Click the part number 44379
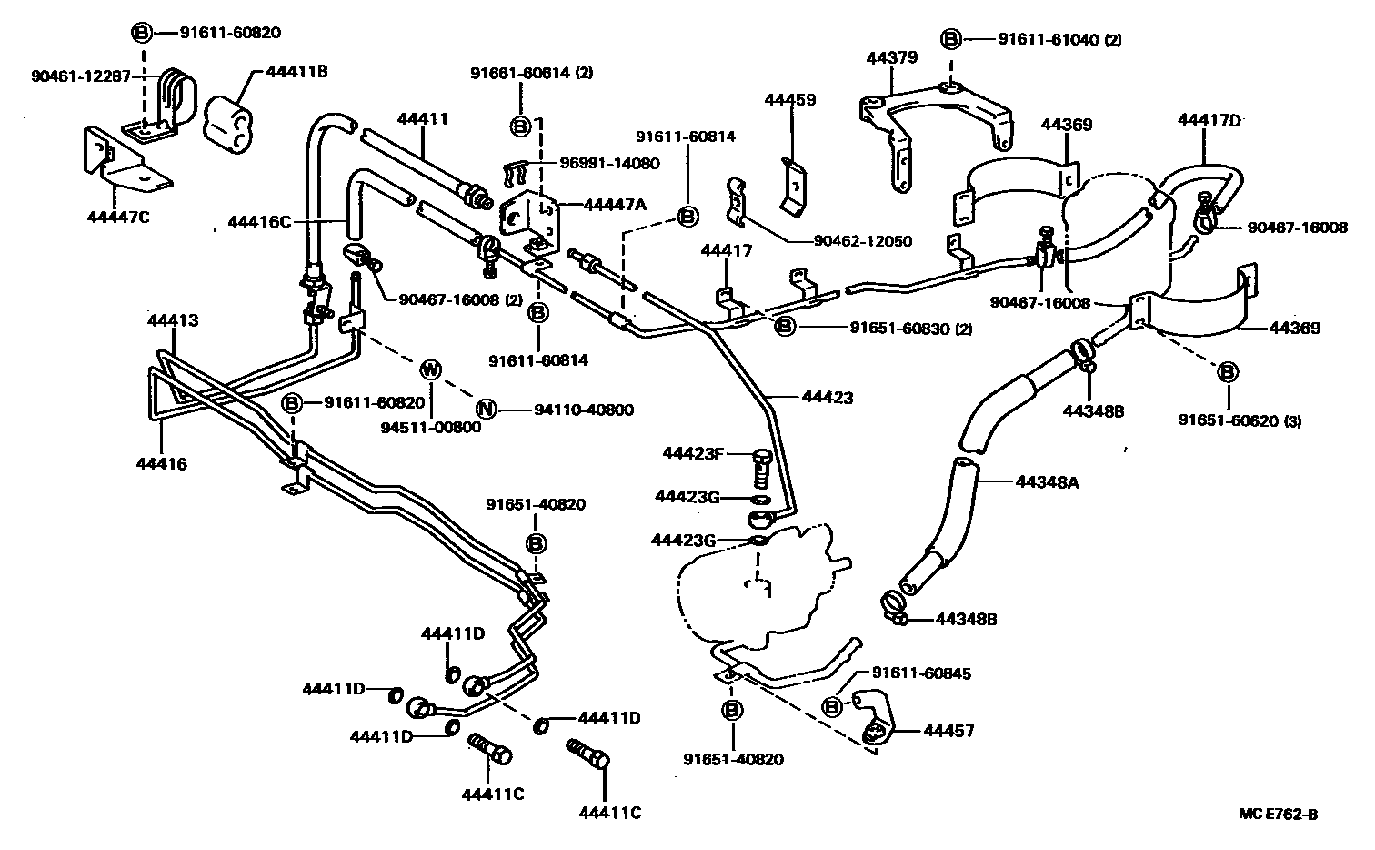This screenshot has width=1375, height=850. (891, 56)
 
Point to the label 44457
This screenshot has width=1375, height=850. (949, 731)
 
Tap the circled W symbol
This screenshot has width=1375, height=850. (431, 369)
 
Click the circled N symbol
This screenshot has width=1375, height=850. (487, 409)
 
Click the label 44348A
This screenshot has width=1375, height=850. (1047, 481)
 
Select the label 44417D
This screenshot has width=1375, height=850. (1209, 119)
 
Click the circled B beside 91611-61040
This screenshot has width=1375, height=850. (950, 39)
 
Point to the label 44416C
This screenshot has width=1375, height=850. (259, 221)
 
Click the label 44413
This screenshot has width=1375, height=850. (173, 320)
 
